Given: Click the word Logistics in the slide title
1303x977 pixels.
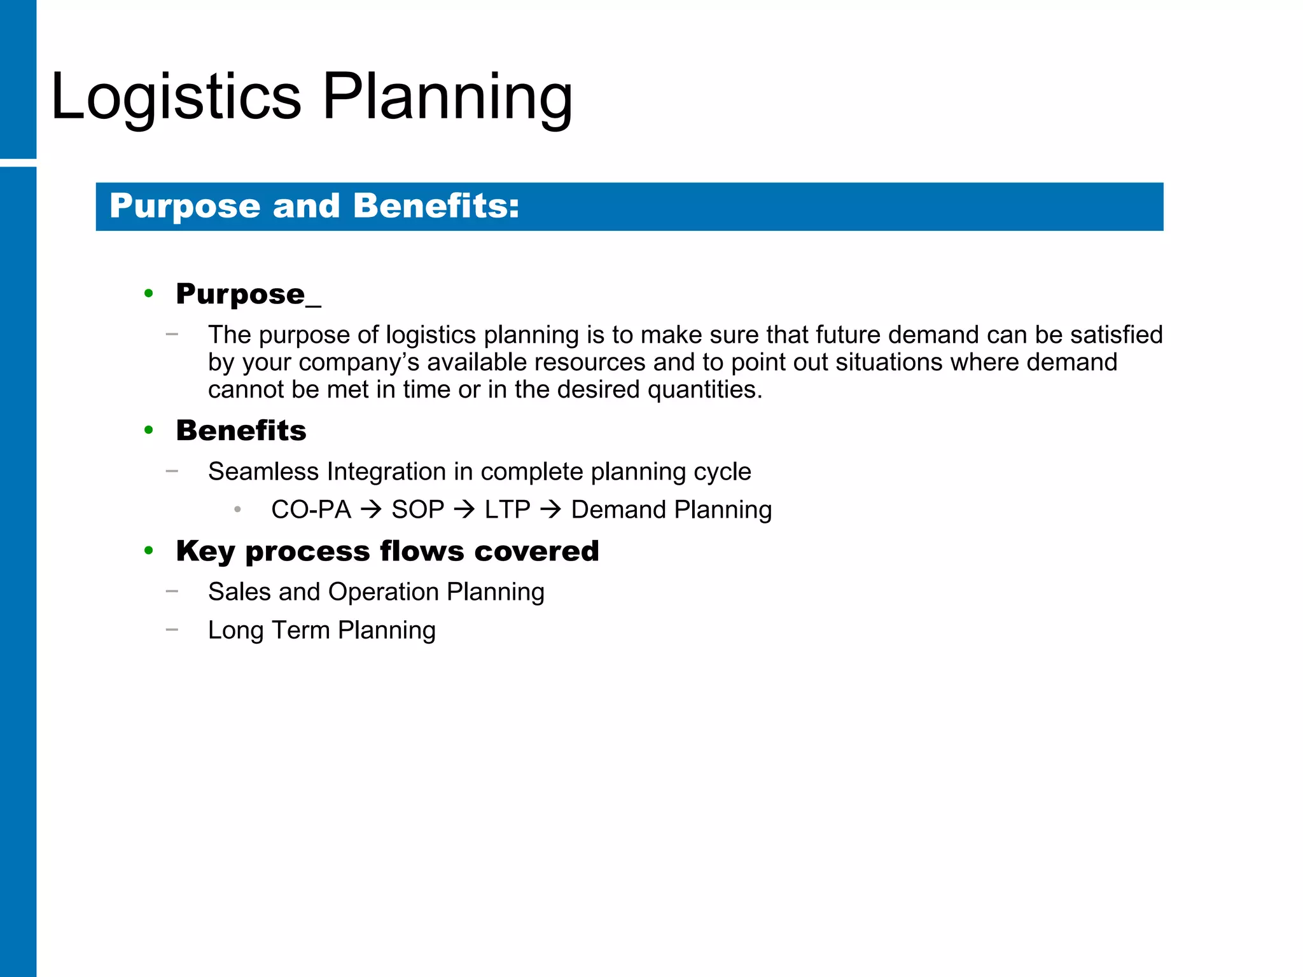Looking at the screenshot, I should click(176, 97).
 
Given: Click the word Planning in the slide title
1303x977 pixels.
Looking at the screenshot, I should click(447, 97).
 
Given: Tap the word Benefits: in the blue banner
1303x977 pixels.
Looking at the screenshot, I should click(436, 206).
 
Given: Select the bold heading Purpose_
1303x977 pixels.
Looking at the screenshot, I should click(248, 294).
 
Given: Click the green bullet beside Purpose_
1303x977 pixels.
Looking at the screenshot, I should click(149, 293).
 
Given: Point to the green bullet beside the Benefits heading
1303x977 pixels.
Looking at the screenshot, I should click(149, 431).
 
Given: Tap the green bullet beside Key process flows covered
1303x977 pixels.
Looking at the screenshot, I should click(149, 551).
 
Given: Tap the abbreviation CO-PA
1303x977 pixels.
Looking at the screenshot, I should click(311, 509).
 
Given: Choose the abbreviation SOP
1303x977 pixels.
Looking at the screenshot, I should click(417, 509).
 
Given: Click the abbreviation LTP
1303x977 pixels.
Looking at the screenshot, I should click(507, 509).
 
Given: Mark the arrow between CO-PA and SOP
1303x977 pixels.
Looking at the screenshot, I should click(371, 509).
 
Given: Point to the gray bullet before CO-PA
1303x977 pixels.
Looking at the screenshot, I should click(237, 509).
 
